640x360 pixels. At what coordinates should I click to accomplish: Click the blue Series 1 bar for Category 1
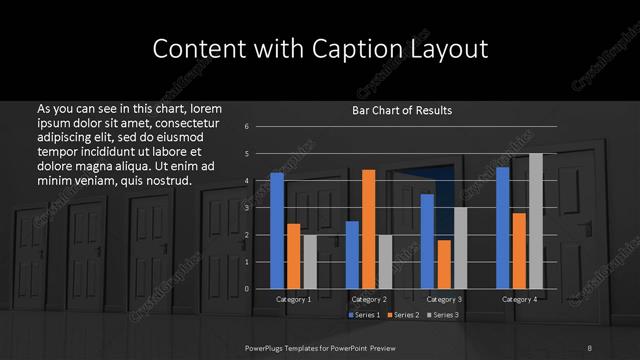277,230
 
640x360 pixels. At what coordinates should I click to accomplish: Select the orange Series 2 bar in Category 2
368,228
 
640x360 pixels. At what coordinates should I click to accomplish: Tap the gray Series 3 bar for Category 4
535,220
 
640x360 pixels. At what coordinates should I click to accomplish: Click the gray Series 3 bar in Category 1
310,261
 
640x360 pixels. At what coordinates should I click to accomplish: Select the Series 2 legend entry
404,315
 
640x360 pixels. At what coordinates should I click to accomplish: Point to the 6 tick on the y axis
246,126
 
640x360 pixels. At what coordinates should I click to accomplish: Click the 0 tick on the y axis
246,288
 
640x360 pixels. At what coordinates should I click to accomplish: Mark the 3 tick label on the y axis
246,207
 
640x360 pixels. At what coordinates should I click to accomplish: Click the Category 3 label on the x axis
443,299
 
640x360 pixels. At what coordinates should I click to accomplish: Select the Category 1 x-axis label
293,299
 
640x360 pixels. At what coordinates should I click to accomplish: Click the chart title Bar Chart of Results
402,110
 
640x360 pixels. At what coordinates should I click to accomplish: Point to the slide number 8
590,346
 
